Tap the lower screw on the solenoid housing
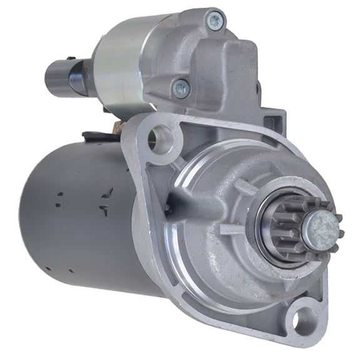(181, 87)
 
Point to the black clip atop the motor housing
(91, 134)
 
